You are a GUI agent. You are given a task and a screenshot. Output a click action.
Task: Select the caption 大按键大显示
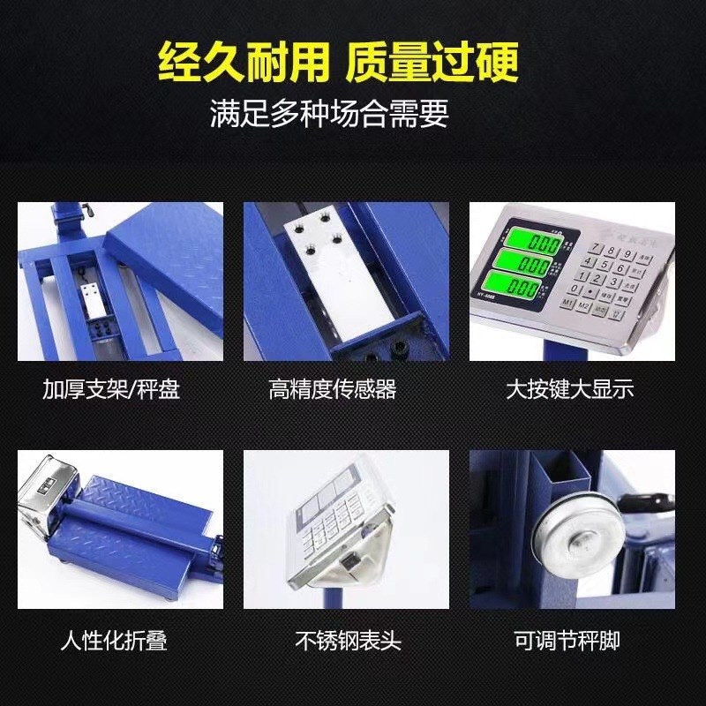tap(570, 389)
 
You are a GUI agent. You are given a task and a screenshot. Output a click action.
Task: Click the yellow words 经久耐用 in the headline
tap(242, 63)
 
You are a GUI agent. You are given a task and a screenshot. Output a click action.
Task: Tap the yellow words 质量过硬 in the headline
tap(432, 63)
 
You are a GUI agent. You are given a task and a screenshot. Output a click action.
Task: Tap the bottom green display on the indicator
tap(532, 287)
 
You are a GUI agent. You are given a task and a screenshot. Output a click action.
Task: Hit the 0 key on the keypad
tap(576, 289)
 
